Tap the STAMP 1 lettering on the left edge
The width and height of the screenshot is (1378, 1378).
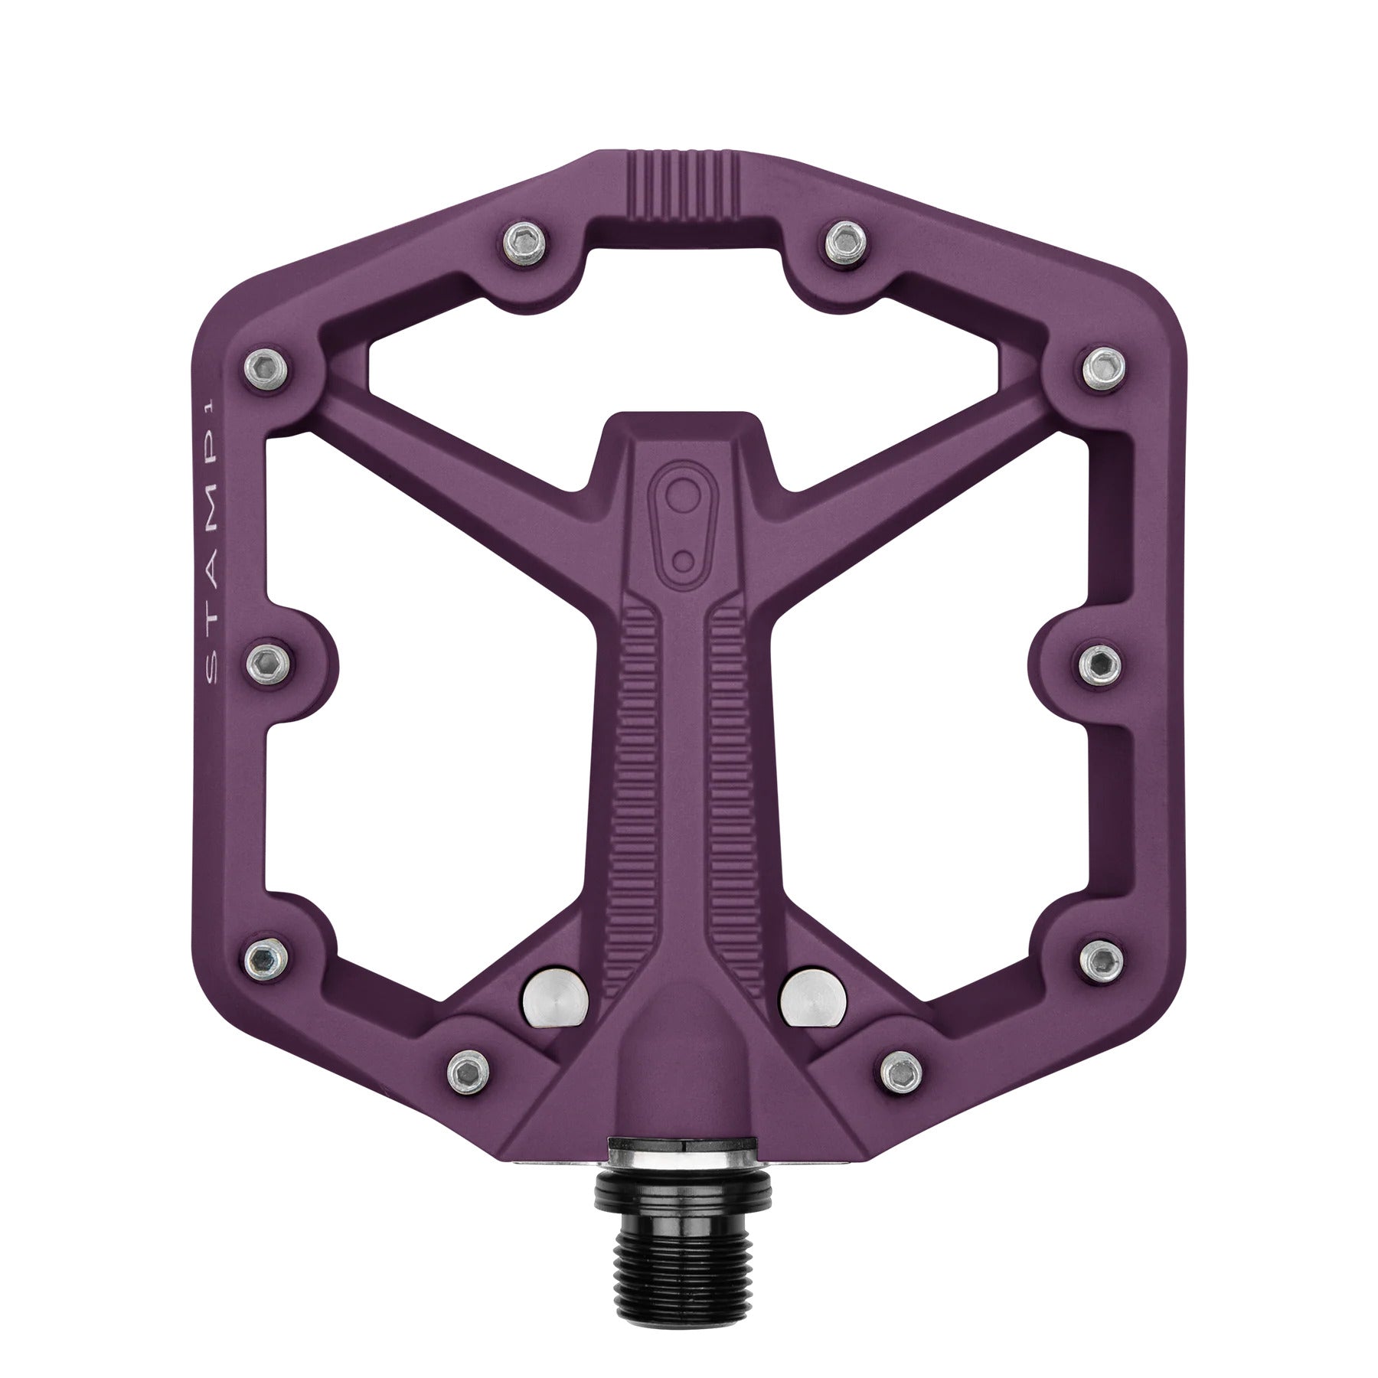pyautogui.click(x=214, y=537)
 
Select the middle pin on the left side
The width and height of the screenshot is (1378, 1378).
pyautogui.click(x=268, y=658)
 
